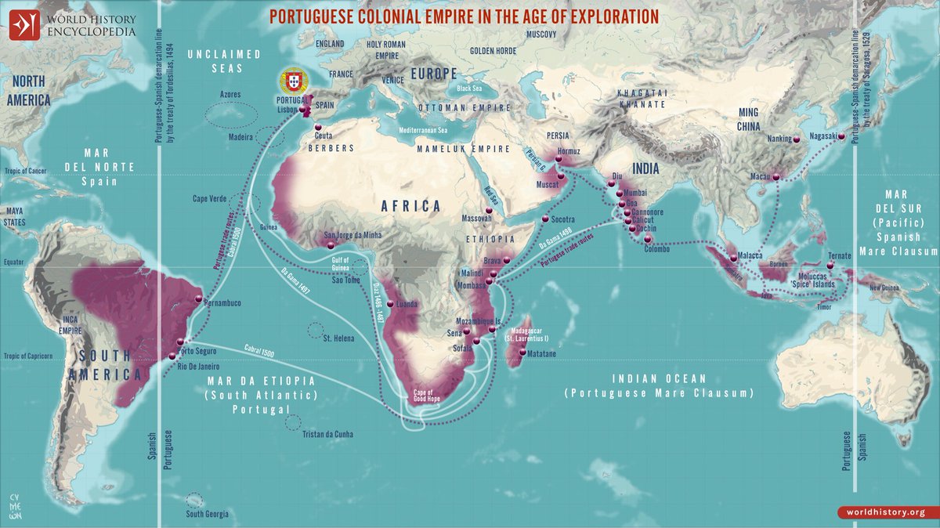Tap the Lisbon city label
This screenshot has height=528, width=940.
[288, 111]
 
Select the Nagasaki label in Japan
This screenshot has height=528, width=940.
[819, 136]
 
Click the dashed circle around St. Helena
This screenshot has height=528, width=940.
[316, 330]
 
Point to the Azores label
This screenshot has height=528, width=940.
[230, 94]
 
